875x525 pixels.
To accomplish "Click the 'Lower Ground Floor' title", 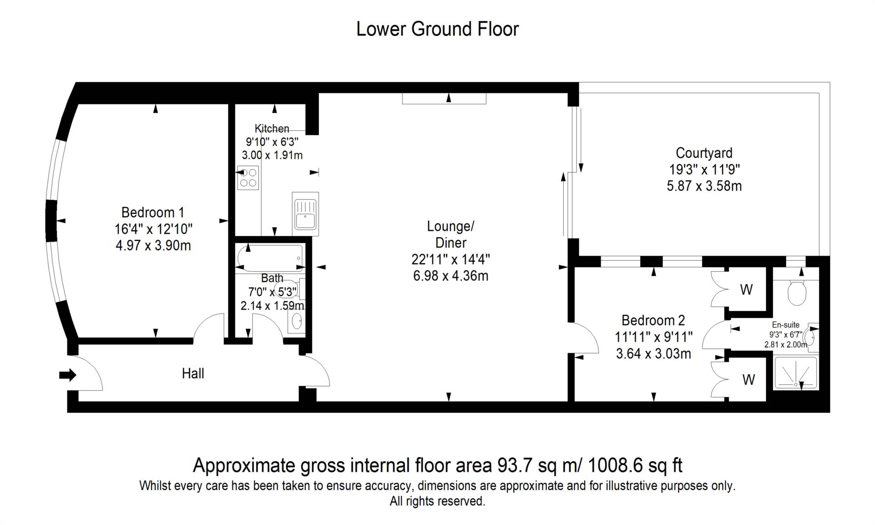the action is (437, 29).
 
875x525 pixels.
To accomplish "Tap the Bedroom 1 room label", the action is (153, 212).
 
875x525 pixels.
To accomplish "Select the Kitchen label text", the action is (272, 129).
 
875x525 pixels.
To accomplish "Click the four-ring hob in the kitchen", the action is (248, 178).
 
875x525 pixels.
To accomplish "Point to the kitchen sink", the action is (305, 214).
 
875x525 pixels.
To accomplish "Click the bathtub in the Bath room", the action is (270, 258).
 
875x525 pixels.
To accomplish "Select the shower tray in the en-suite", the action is (796, 373).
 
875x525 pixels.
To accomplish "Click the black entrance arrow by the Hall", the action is (67, 375).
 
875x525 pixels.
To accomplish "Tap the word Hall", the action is (193, 374).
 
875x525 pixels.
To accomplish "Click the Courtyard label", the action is (704, 153).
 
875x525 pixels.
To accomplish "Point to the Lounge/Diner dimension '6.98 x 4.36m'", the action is (451, 276).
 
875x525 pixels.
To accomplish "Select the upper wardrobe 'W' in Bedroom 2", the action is (746, 289).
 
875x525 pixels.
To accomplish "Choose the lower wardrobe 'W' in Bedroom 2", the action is (748, 380).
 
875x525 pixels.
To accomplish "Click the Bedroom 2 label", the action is (653, 320).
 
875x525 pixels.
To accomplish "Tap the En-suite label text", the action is (786, 325).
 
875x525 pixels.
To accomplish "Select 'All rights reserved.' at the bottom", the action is (437, 501).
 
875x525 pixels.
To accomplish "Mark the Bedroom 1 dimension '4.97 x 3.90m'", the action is (153, 246).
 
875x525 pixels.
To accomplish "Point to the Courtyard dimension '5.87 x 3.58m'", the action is (704, 186).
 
